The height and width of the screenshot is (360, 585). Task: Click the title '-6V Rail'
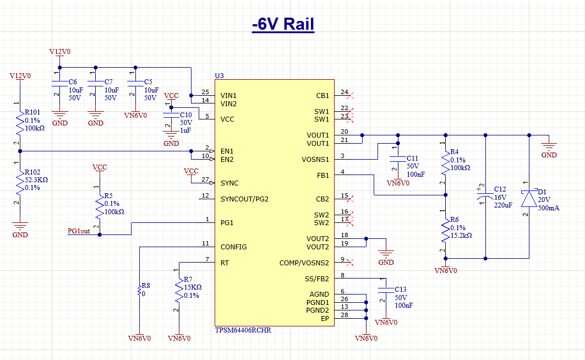(x=283, y=25)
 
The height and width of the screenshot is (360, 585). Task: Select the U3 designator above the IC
(x=220, y=75)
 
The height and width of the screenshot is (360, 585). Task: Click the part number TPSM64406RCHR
(x=243, y=330)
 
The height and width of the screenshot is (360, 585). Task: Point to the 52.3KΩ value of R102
(x=37, y=179)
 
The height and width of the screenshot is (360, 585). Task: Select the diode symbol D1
(x=529, y=198)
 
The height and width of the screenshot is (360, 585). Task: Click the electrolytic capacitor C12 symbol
(x=485, y=197)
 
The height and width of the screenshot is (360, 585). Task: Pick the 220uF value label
(x=503, y=205)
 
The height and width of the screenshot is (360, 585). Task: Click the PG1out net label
(x=79, y=231)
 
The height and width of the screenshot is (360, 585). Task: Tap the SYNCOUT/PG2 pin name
(x=244, y=199)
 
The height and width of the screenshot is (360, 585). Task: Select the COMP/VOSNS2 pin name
(x=304, y=263)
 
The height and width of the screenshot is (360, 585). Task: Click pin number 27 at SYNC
(x=205, y=180)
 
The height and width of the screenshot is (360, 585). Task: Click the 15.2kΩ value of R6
(x=461, y=235)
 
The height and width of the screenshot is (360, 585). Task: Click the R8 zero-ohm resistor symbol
(x=140, y=290)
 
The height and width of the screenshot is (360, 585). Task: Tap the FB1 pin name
(x=322, y=176)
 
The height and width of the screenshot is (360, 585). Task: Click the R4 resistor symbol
(x=445, y=164)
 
